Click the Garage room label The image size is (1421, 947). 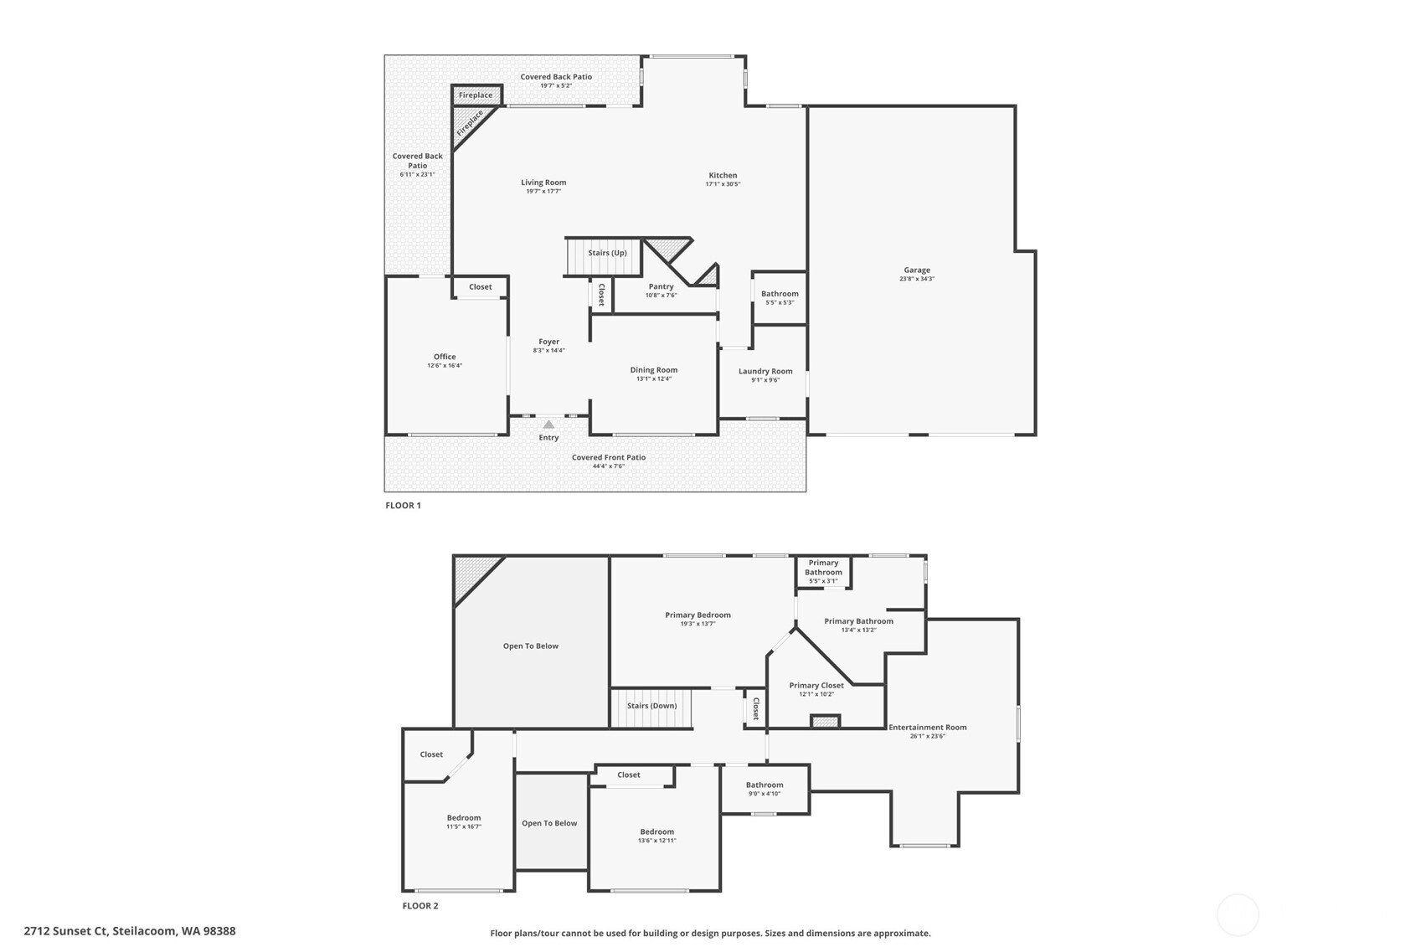click(917, 270)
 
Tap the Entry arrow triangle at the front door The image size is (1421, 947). click(548, 425)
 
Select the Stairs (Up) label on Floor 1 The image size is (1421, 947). click(607, 252)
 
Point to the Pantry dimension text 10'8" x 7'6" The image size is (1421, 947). click(661, 296)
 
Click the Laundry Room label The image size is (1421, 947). click(765, 371)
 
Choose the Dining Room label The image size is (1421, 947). click(653, 370)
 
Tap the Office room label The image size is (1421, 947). click(445, 357)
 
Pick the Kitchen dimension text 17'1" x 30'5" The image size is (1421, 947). click(723, 184)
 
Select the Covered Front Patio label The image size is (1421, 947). click(609, 457)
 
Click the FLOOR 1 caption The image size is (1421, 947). click(403, 506)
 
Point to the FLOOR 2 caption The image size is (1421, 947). click(420, 906)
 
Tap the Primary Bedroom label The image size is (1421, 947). click(698, 615)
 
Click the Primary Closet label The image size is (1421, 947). click(816, 685)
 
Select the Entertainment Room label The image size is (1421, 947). click(928, 728)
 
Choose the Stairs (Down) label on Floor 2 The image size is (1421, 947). click(651, 705)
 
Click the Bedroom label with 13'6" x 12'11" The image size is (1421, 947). click(656, 831)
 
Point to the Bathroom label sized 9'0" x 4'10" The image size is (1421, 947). click(765, 785)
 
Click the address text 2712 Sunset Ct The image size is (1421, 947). click(66, 931)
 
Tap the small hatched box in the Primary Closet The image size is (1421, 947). click(826, 721)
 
